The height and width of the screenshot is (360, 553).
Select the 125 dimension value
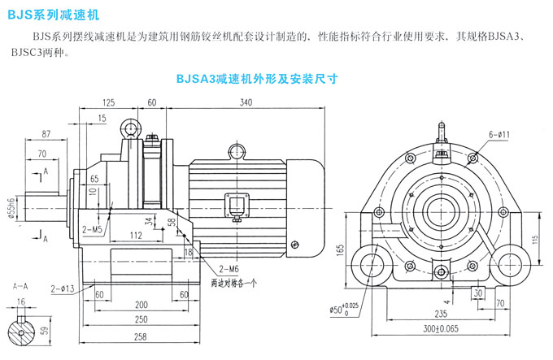[109, 102]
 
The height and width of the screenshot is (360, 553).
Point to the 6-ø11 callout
[499, 134]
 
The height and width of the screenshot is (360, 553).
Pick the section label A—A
[22, 287]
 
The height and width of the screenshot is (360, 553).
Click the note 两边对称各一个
[233, 284]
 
